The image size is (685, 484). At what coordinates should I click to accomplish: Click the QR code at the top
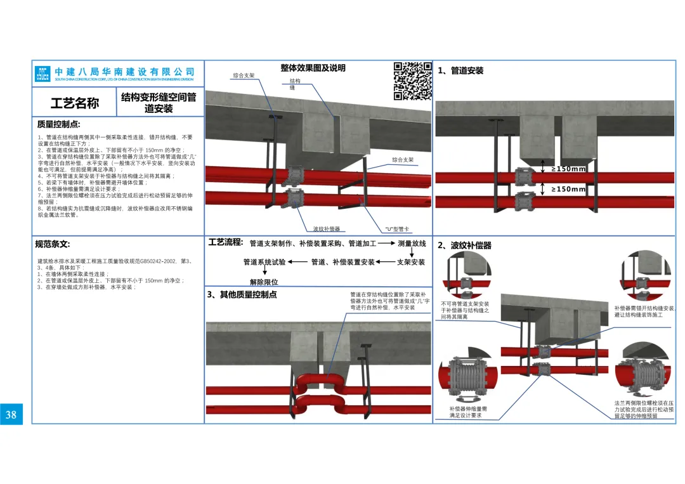pos(413,81)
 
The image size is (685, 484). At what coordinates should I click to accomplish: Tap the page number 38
pos(11,415)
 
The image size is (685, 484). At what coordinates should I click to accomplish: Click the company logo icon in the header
pos(43,74)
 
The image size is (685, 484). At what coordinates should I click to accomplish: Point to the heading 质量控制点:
pos(59,124)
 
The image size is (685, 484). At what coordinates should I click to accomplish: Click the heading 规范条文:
pos(53,244)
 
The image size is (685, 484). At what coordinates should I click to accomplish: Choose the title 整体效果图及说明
pos(313,68)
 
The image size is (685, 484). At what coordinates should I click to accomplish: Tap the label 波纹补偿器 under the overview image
pos(327,229)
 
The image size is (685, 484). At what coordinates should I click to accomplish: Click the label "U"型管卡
pos(397,229)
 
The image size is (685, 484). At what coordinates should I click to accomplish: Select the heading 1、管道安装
pos(460,70)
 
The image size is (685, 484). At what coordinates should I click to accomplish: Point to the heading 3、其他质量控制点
pos(242,295)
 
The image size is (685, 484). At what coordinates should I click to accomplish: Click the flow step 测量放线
pos(412,244)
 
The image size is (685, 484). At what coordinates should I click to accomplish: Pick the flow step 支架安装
pos(411,262)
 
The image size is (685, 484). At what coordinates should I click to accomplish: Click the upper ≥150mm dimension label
pos(568,169)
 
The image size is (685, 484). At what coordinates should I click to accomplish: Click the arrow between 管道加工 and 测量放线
pos(387,244)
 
